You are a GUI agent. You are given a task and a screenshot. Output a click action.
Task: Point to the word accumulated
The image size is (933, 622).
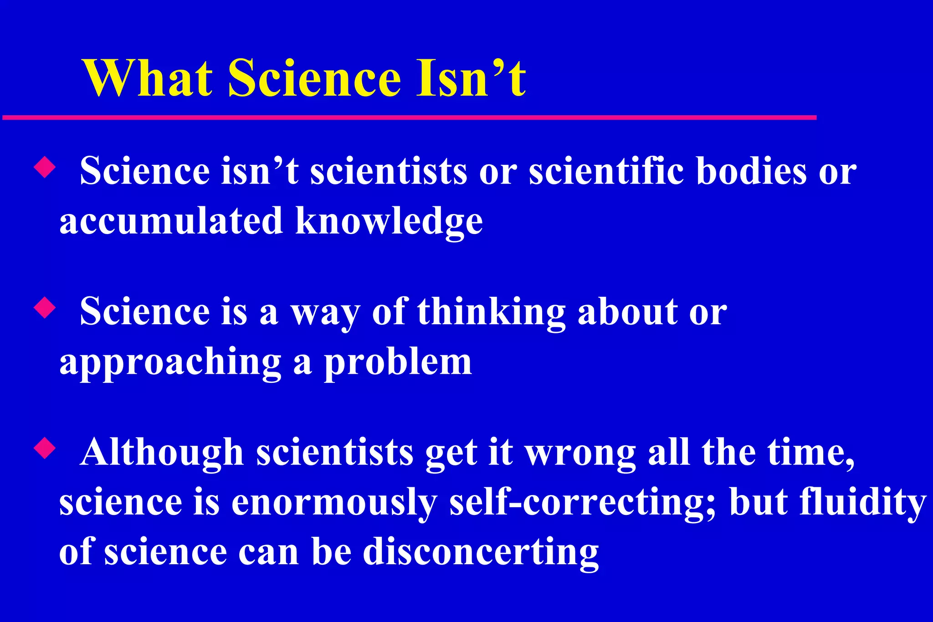pos(171,221)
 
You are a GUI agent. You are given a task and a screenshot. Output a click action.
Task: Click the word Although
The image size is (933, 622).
pos(162,453)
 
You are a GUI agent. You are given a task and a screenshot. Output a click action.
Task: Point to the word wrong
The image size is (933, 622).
pos(580,454)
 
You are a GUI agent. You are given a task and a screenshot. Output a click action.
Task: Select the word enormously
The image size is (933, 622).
pos(334,503)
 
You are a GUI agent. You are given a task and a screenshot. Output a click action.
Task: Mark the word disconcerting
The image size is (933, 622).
pos(480,552)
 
